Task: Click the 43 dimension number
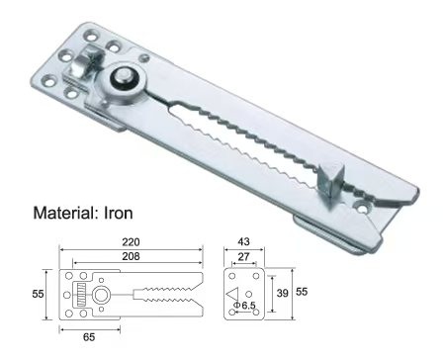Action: tap(245, 241)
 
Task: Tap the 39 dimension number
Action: tap(282, 293)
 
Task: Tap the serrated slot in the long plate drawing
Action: tap(158, 295)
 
